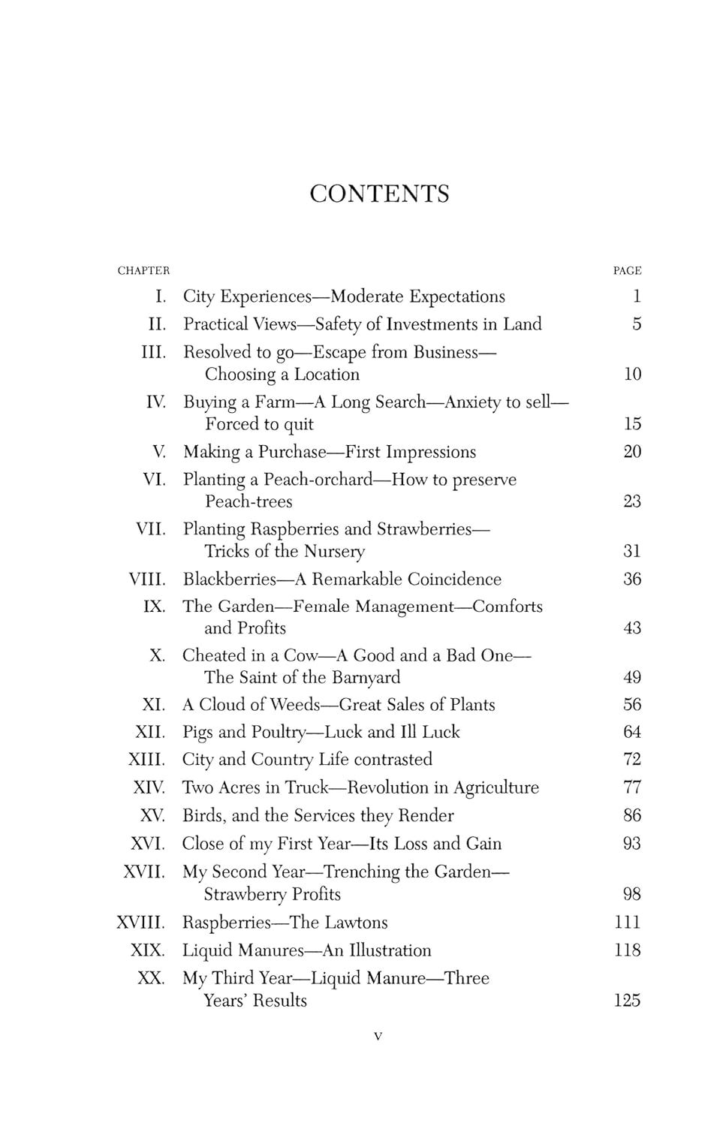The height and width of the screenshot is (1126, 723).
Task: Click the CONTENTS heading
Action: (x=379, y=194)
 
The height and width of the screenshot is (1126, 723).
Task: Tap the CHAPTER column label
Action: (x=143, y=270)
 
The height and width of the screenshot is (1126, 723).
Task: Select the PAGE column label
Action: (x=627, y=270)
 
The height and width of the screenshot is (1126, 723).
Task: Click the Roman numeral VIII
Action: (x=147, y=579)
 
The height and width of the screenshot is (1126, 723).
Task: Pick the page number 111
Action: (x=627, y=922)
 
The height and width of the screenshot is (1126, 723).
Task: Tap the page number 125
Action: (x=627, y=1000)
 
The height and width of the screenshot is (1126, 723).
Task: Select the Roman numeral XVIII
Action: (x=140, y=922)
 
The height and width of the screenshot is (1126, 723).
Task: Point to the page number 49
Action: (x=632, y=677)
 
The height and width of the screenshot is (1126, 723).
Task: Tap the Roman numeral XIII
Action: (x=146, y=759)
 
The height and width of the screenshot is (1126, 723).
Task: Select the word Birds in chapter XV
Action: (x=203, y=815)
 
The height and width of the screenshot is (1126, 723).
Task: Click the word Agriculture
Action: (x=496, y=787)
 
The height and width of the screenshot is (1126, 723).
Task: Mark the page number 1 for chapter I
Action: (x=637, y=297)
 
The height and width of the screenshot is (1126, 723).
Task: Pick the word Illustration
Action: (x=387, y=950)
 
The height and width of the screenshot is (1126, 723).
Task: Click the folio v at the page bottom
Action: (x=378, y=1037)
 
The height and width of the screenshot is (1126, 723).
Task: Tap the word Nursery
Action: (x=334, y=552)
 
